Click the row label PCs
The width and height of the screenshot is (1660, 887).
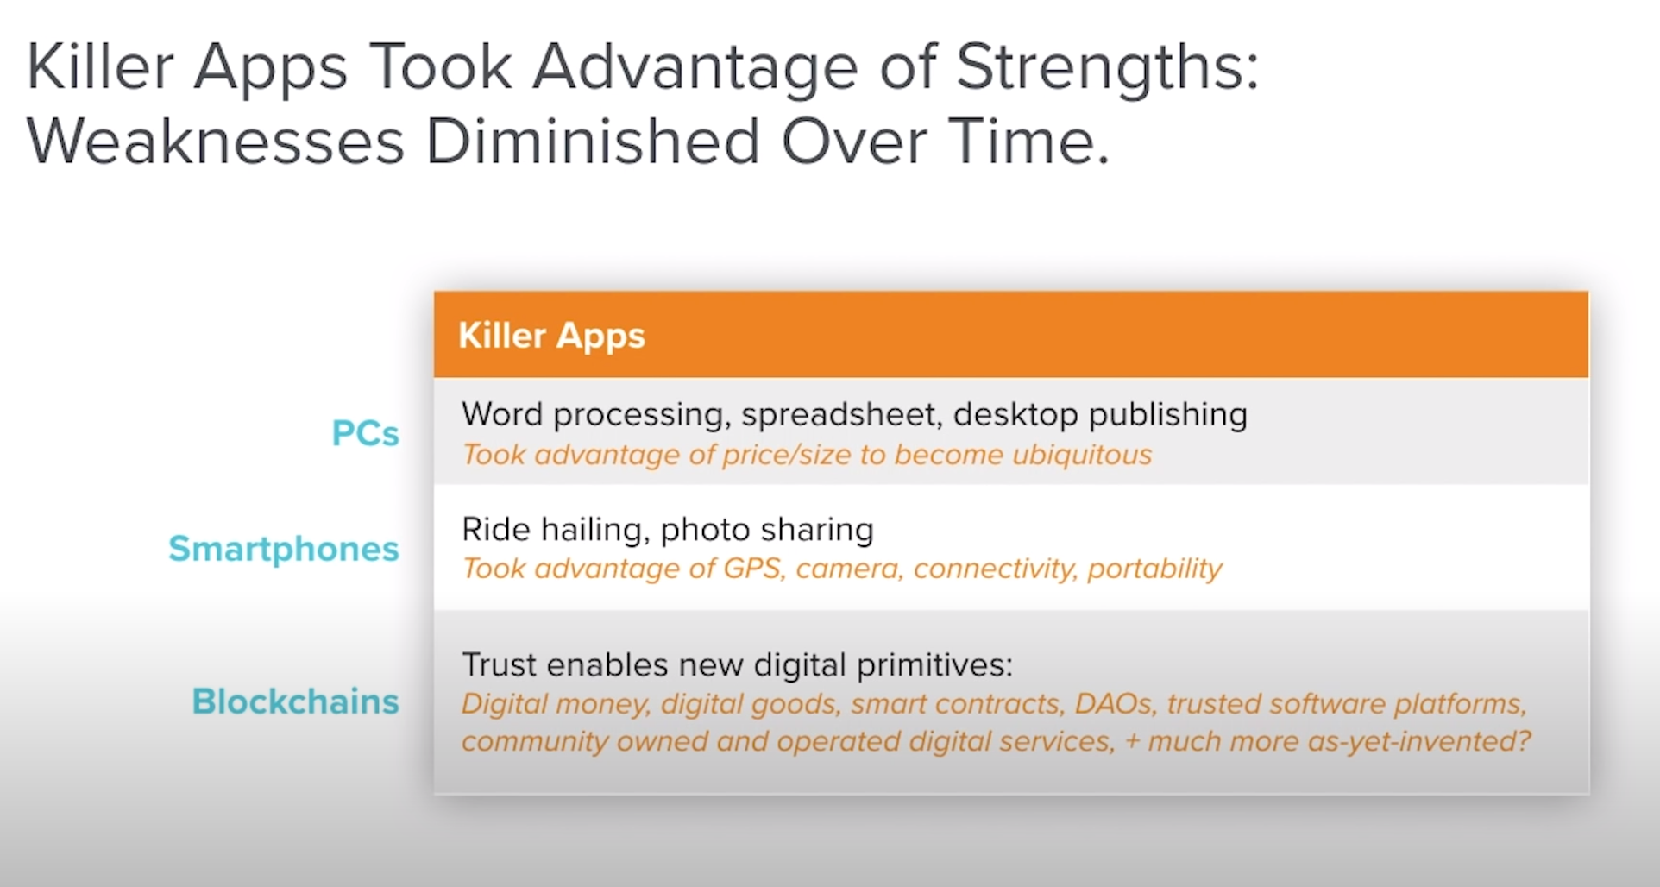click(x=365, y=433)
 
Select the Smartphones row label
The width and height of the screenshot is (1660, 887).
click(x=284, y=550)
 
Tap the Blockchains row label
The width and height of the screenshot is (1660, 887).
click(x=295, y=701)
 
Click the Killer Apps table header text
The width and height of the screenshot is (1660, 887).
click(x=551, y=336)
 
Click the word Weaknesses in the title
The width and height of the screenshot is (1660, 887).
click(x=216, y=142)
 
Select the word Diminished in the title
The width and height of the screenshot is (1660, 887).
click(x=594, y=141)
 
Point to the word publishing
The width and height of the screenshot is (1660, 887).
click(x=1168, y=416)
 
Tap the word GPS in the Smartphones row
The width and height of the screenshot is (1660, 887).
click(x=753, y=569)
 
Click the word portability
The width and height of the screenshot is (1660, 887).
click(x=1154, y=569)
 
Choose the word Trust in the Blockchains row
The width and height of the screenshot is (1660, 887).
click(x=499, y=665)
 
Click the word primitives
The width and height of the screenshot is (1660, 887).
click(x=934, y=665)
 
